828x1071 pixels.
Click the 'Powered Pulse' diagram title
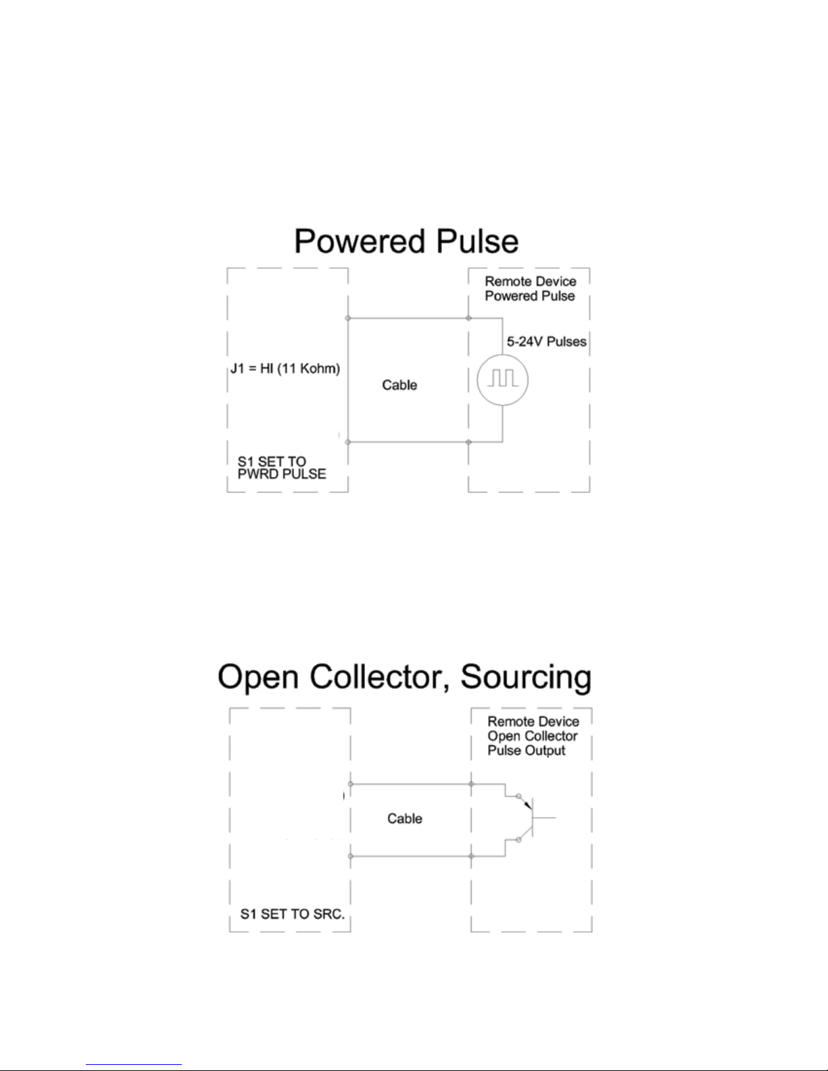pos(406,242)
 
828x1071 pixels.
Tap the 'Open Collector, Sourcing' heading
pos(404,677)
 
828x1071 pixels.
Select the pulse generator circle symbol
pos(502,380)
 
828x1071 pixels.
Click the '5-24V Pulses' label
pos(546,342)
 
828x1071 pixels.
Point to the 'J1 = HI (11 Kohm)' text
pos(285,369)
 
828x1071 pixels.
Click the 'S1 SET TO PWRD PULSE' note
pos(281,468)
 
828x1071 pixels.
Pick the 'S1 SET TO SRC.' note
pos(292,914)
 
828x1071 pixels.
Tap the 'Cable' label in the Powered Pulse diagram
pos(399,385)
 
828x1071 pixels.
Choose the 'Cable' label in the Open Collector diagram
pos(404,819)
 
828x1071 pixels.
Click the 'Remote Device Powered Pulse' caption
pos(530,289)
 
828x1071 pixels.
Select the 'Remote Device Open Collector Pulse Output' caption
pos(533,736)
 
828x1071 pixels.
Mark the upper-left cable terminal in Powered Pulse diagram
pos(348,318)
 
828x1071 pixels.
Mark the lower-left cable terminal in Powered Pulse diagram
pos(348,442)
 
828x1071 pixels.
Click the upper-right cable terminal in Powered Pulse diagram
pos(468,318)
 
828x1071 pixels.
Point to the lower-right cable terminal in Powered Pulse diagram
pos(468,442)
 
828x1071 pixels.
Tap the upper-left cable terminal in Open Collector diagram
pos(350,784)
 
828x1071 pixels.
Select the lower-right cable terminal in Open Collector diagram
pos(471,856)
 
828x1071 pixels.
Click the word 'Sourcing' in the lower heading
pos(526,677)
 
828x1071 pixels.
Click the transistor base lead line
pos(545,818)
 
